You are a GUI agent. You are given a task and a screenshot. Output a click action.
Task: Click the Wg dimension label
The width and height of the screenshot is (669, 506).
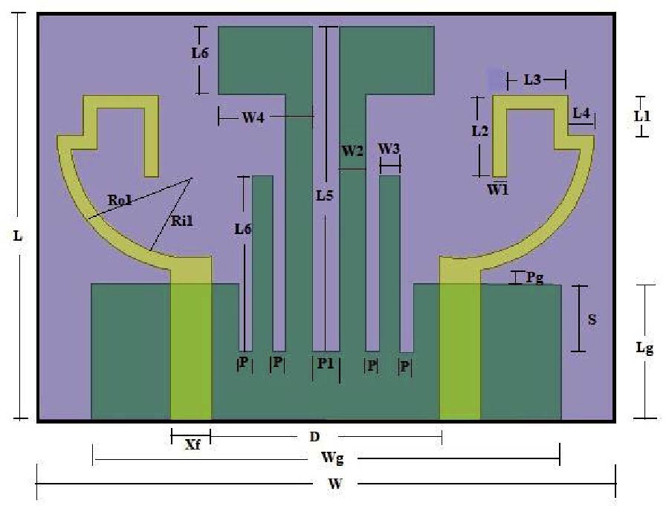[x=332, y=458]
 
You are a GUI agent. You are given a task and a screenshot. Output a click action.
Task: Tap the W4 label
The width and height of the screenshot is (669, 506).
[x=253, y=117]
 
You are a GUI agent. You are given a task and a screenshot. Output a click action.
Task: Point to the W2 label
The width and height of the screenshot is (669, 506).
[x=352, y=151]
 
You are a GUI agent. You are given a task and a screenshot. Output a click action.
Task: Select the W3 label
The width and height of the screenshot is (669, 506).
[x=389, y=149]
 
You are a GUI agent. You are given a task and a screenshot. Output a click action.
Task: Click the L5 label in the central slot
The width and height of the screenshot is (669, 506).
[x=324, y=195]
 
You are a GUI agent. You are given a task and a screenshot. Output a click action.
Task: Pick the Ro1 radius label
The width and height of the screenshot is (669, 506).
[x=120, y=200]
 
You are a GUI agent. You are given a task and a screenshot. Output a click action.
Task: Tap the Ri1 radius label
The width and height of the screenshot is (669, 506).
[x=182, y=221]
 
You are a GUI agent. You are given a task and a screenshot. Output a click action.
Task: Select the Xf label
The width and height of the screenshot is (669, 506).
[x=193, y=444]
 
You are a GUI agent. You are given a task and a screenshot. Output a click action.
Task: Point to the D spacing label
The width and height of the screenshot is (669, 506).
[x=314, y=436]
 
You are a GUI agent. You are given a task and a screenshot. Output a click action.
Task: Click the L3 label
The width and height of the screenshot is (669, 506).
[x=532, y=80]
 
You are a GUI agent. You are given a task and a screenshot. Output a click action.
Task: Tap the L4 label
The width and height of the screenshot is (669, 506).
[x=581, y=113]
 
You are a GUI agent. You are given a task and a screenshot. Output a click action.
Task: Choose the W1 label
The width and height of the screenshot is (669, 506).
[x=498, y=189]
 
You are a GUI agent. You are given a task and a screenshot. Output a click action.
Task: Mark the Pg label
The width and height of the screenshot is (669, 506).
[x=534, y=278]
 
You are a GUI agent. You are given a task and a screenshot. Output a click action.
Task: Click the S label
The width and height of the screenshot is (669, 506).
[x=592, y=320]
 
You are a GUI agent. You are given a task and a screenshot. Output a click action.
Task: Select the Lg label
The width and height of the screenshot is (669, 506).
[x=644, y=348]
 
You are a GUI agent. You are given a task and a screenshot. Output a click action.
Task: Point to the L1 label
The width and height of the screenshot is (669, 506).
[x=642, y=116]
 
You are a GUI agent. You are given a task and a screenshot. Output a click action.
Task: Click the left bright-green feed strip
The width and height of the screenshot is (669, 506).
[x=191, y=351]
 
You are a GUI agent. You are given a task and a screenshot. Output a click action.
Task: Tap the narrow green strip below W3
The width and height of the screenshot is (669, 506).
[x=390, y=263]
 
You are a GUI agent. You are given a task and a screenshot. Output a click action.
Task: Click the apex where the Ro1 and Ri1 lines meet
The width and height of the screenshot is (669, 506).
[x=192, y=178]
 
